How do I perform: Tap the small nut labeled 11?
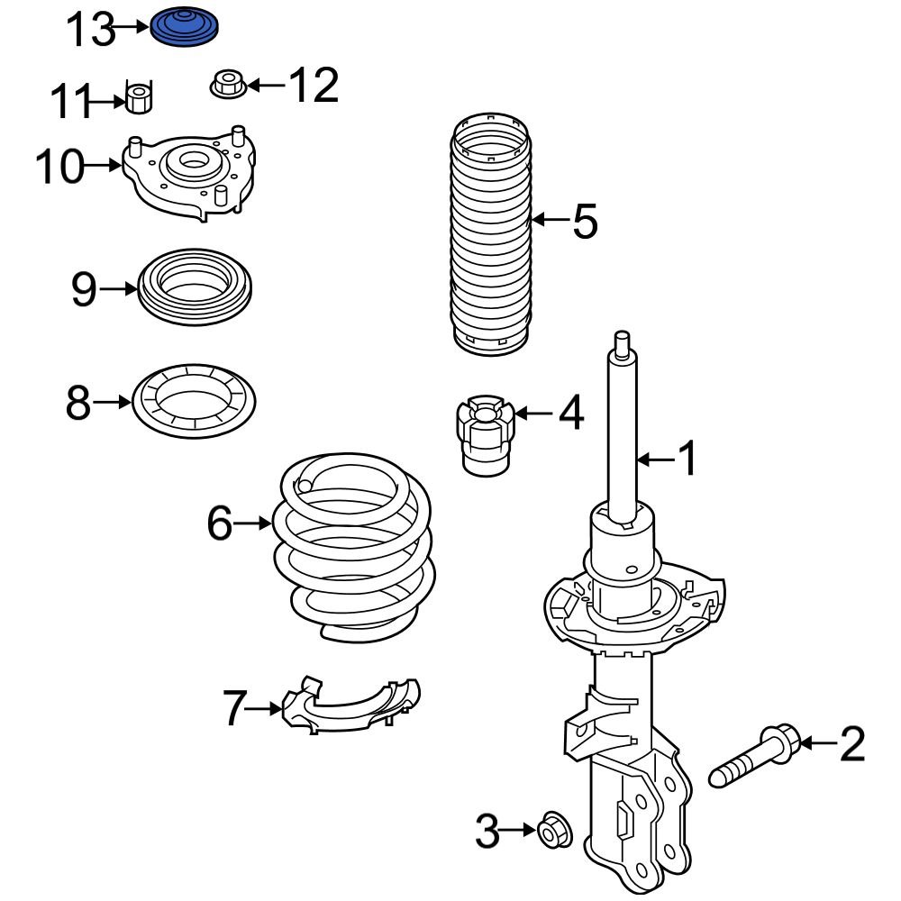tap(138, 97)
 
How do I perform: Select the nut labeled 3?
tap(551, 831)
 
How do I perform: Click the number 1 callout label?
tap(687, 460)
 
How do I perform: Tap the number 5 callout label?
tap(585, 221)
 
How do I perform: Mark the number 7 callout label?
tap(234, 708)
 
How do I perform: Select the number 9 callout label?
tap(83, 289)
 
